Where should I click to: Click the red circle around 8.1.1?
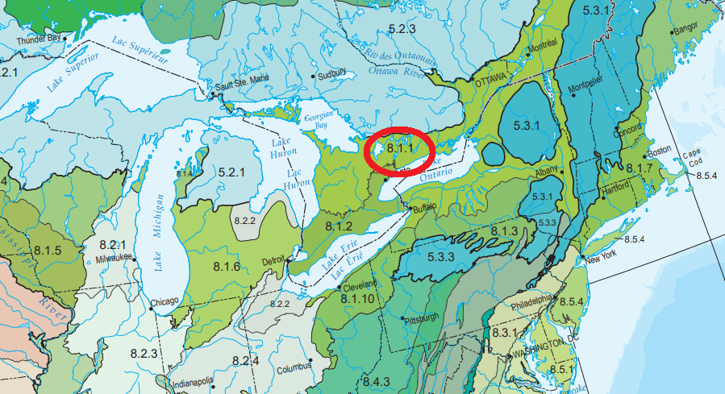(400, 150)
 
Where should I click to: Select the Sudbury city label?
(332, 74)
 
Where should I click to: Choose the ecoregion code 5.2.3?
(401, 29)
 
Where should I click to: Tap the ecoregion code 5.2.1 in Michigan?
(231, 172)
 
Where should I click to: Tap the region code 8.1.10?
(358, 298)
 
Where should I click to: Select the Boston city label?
(659, 151)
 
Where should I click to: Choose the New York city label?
(602, 259)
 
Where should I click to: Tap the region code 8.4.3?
(376, 381)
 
